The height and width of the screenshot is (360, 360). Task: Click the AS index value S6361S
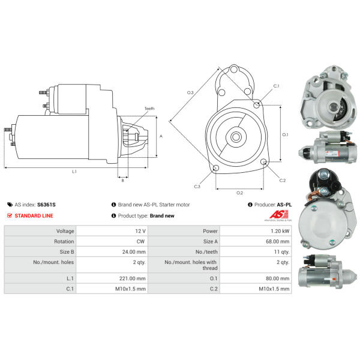click(46, 205)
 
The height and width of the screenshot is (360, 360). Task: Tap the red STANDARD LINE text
click(34, 215)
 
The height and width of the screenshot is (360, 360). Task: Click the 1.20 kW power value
click(280, 231)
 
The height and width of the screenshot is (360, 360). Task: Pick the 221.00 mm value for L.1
click(132, 278)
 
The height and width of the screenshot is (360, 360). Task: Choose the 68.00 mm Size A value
click(277, 242)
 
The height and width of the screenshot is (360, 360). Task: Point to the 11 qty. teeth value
click(281, 252)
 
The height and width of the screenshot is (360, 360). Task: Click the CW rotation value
click(140, 242)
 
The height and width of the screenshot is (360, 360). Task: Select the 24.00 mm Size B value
click(134, 252)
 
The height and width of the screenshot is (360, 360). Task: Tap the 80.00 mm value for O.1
click(277, 278)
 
